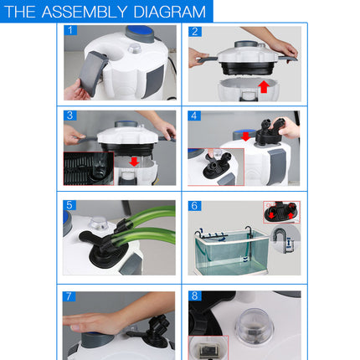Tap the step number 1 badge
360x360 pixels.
pyautogui.click(x=71, y=30)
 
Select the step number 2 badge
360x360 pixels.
pyautogui.click(x=195, y=31)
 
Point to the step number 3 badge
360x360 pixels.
pyautogui.click(x=71, y=116)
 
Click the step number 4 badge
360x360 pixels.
pyautogui.click(x=195, y=116)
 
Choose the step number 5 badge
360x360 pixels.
pyautogui.click(x=71, y=205)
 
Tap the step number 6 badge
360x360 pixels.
pyautogui.click(x=195, y=205)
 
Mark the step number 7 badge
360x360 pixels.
pyautogui.click(x=71, y=296)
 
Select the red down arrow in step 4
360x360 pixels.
pyautogui.click(x=246, y=135)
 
